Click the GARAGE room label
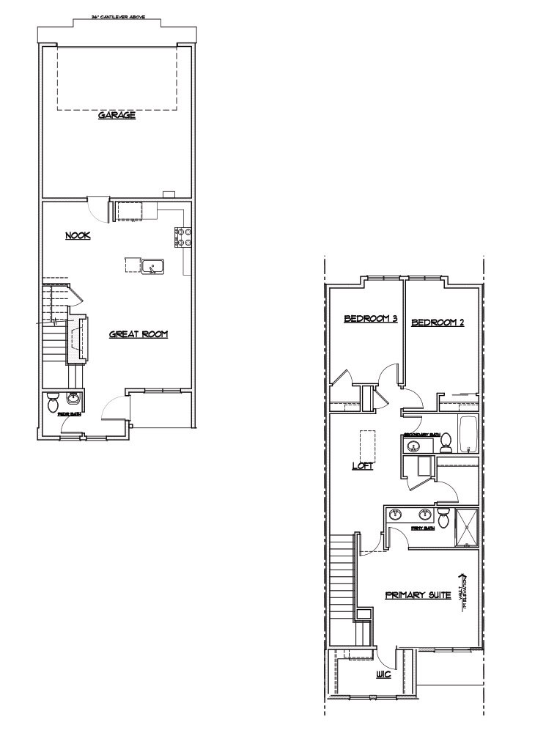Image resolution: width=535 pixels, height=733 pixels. [x=117, y=115]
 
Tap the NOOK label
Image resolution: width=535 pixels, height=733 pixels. [x=77, y=235]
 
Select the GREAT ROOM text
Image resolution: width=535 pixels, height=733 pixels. [x=139, y=334]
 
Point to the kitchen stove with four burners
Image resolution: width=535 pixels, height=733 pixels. [x=182, y=237]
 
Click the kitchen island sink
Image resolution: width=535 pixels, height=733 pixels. [x=153, y=265]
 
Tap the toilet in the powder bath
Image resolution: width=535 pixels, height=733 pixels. [x=53, y=402]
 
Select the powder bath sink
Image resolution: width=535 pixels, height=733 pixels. [x=73, y=398]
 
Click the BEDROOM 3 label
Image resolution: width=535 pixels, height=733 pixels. [x=370, y=319]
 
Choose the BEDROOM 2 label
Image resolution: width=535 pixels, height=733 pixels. [x=438, y=322]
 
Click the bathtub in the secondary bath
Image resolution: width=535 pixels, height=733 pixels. [x=467, y=433]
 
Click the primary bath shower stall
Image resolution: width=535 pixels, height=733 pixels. [x=466, y=528]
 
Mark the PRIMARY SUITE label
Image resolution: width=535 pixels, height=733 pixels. [x=418, y=595]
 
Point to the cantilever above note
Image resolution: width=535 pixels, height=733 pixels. [x=117, y=16]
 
